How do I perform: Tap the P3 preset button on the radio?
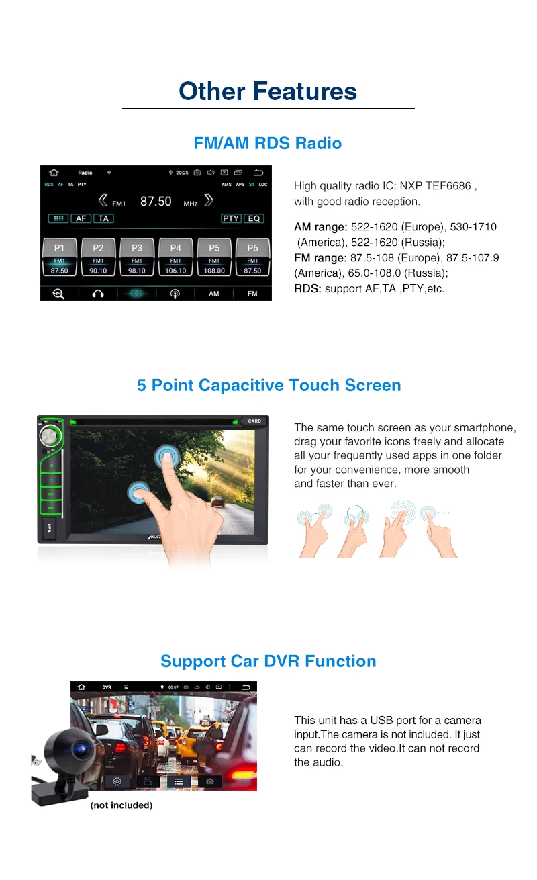137,257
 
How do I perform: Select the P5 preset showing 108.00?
214,257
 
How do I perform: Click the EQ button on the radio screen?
254,218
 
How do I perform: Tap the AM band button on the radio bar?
213,294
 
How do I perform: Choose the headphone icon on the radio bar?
98,294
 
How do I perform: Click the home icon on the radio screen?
54,173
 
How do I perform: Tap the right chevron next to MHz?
209,200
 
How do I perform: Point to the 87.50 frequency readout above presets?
156,201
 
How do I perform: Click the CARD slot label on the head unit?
254,421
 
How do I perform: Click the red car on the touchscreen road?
217,502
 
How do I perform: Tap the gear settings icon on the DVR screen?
117,781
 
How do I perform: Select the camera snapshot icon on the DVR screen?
210,781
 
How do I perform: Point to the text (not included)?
121,805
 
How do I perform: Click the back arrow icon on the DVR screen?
247,687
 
